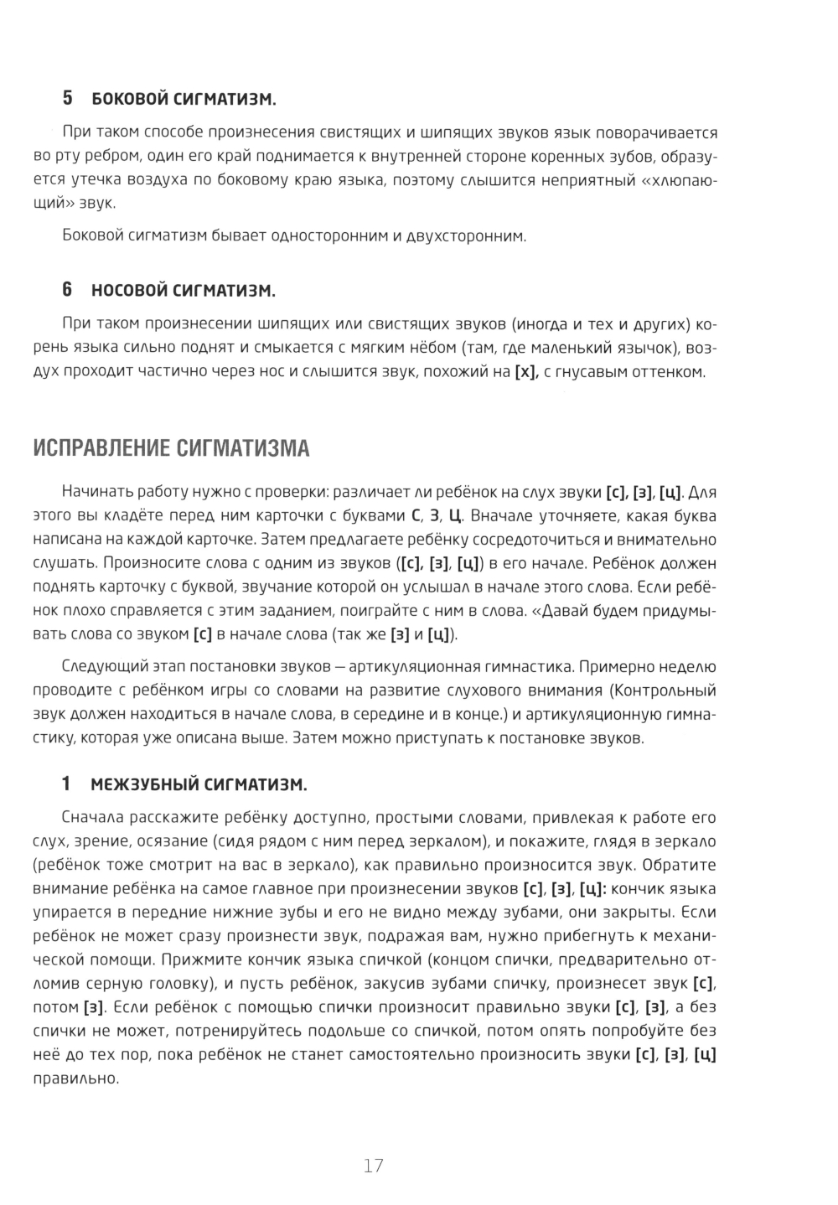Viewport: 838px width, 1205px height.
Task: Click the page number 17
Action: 374,1165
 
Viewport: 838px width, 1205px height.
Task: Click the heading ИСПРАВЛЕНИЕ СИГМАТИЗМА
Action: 171,448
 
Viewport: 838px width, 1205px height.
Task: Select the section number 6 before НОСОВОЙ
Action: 68,291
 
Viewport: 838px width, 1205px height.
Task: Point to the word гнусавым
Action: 595,372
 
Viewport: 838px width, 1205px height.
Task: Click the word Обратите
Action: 680,864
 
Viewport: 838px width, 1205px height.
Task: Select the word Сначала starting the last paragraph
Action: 93,818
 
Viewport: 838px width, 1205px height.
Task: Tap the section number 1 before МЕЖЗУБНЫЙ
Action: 66,785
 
